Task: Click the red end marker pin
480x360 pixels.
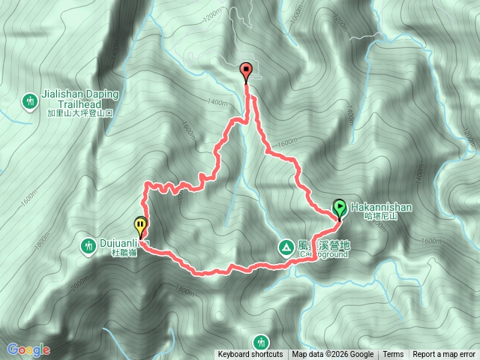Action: pos(247,73)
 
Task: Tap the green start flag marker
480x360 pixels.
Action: pos(339,207)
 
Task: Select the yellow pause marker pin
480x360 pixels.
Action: pos(140,225)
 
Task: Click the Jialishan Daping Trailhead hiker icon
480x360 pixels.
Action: pos(30,100)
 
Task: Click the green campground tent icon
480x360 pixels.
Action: pos(285,245)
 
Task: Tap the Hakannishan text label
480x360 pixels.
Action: pos(378,205)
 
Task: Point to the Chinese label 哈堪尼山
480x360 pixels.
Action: pos(379,215)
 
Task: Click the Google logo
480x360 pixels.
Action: pos(28,349)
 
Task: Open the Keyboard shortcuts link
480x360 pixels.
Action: pos(250,355)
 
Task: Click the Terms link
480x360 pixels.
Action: pos(393,355)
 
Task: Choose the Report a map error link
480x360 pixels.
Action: pos(444,355)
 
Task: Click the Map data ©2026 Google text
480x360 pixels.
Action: pos(333,355)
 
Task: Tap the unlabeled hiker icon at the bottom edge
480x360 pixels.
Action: pos(260,341)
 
